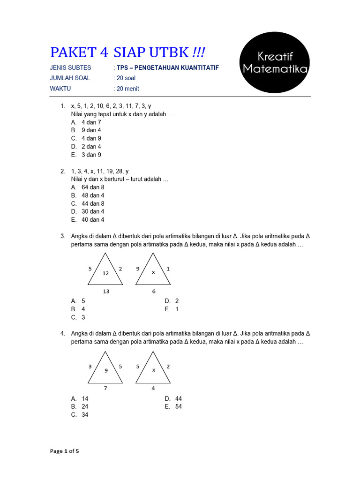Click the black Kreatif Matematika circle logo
pos(274,63)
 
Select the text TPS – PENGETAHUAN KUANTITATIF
pos(167,67)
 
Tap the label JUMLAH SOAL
pos(70,78)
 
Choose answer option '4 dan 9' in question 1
pos(91,138)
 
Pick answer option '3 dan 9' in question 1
pos(91,155)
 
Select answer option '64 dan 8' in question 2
pos(93,187)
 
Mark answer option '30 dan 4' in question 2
pos(93,211)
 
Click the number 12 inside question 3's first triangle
pos(105,273)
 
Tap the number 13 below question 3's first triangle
pos(106,291)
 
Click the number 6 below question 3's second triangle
pos(153,291)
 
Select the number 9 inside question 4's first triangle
pos(106,371)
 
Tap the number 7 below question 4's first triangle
pos(106,388)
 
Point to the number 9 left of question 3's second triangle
pos(138,269)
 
